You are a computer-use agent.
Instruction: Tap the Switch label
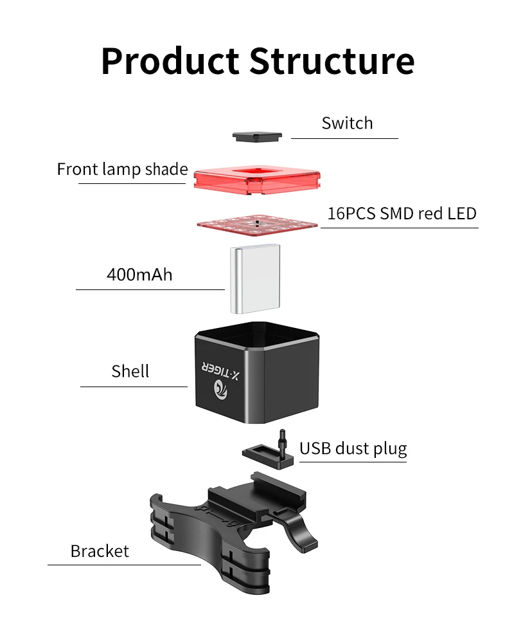pos(347,123)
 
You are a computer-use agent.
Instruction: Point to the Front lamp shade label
pos(122,169)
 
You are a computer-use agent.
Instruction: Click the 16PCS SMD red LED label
pos(402,214)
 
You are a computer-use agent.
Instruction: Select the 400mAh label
pos(139,275)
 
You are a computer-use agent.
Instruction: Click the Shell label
pos(130,371)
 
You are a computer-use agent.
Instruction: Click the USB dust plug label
pos(353,448)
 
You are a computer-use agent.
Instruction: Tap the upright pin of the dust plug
pos(281,439)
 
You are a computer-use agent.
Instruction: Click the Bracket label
pos(100,551)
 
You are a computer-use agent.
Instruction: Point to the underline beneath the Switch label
pos(344,138)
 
